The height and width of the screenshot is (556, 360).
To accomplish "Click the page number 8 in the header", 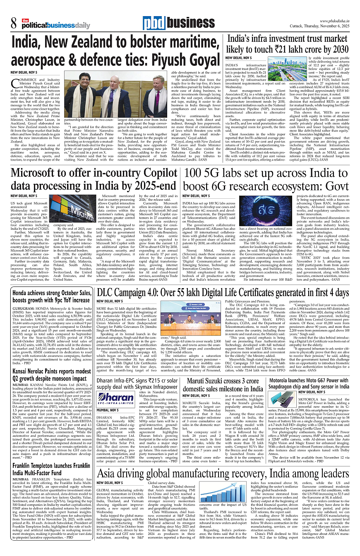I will [x=14, y=24].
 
